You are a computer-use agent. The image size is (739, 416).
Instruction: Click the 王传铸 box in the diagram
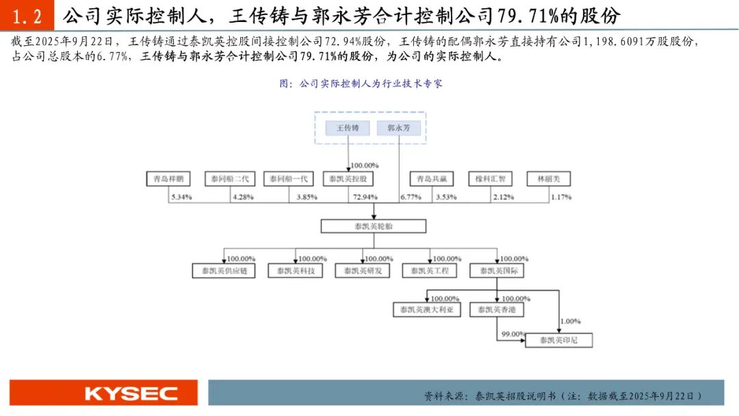coord(348,128)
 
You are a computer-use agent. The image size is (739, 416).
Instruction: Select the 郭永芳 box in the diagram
coord(399,128)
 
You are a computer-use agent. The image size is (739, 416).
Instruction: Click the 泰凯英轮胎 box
coord(374,226)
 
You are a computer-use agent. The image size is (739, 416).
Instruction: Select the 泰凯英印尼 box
coord(558,340)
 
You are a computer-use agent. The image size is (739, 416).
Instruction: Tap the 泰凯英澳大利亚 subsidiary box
coord(427,310)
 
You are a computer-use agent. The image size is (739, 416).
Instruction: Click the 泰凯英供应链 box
coord(224,271)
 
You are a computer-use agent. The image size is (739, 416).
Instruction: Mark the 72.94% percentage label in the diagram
coord(365,197)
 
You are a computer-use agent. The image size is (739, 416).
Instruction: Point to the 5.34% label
coord(181,197)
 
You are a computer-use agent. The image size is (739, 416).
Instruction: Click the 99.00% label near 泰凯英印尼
coord(513,334)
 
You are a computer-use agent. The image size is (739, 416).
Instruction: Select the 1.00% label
coord(570,321)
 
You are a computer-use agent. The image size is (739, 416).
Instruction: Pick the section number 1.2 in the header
coord(27,15)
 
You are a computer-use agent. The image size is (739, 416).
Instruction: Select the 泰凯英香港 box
coord(497,310)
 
